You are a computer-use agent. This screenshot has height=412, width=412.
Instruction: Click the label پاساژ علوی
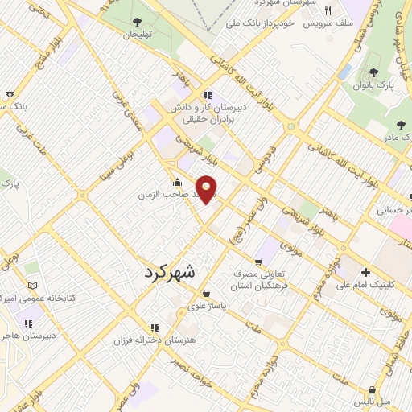click(208, 306)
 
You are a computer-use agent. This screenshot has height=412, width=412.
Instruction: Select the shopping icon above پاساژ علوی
click(208, 293)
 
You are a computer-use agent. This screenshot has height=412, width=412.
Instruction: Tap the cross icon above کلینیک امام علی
click(366, 272)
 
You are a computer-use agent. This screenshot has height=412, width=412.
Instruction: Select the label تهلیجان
click(136, 35)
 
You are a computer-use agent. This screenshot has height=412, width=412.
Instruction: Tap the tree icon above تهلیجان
click(136, 23)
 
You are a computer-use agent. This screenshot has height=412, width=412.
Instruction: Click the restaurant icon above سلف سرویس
click(328, 11)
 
